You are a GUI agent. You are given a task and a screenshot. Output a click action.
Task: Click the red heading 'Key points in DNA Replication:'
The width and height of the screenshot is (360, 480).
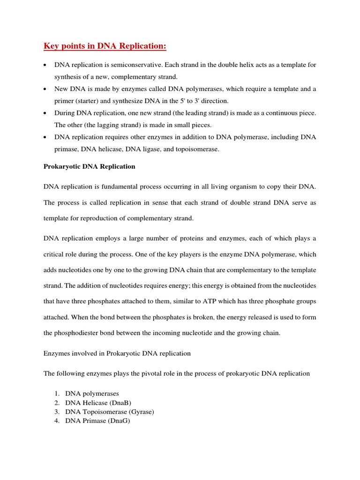105,46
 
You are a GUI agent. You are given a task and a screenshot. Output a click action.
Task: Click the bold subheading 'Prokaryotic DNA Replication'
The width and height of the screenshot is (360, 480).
89,166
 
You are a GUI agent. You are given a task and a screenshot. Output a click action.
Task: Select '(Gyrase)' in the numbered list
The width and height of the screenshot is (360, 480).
138,412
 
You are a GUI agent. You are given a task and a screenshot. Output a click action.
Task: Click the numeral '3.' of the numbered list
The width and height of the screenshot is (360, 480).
57,412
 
